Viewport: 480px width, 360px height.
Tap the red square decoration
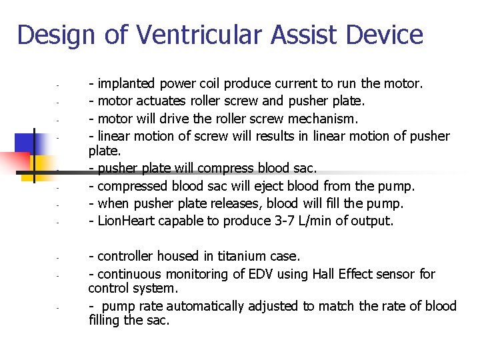pyautogui.click(x=15, y=164)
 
